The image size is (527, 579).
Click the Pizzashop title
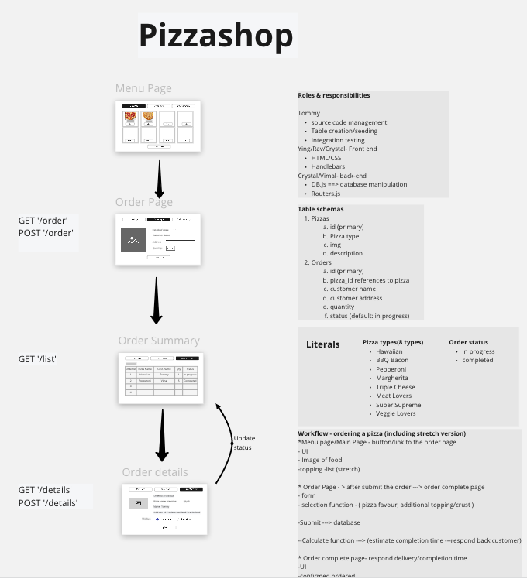coord(216,36)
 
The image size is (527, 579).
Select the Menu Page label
coord(143,89)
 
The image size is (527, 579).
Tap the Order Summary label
coord(159,341)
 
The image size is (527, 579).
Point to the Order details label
coord(155,472)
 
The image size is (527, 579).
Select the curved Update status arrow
coord(225,441)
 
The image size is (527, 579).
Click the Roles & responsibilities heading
coord(334,95)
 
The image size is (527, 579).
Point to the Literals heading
coord(323,344)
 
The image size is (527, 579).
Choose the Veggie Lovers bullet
coord(398,414)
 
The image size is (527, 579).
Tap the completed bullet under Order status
coord(477,360)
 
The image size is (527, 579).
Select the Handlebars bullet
coord(328,166)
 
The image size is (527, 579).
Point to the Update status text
coord(244,444)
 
